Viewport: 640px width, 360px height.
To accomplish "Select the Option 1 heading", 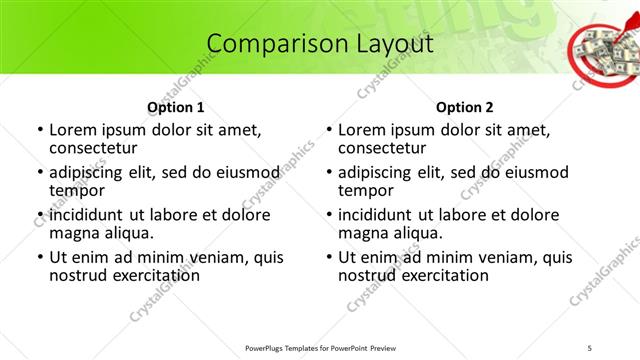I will coord(175,107).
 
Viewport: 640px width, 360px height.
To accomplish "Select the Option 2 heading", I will coord(464,107).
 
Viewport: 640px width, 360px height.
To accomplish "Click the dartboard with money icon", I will coord(601,50).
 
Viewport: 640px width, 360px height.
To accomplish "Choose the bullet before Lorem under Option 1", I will coord(40,130).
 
